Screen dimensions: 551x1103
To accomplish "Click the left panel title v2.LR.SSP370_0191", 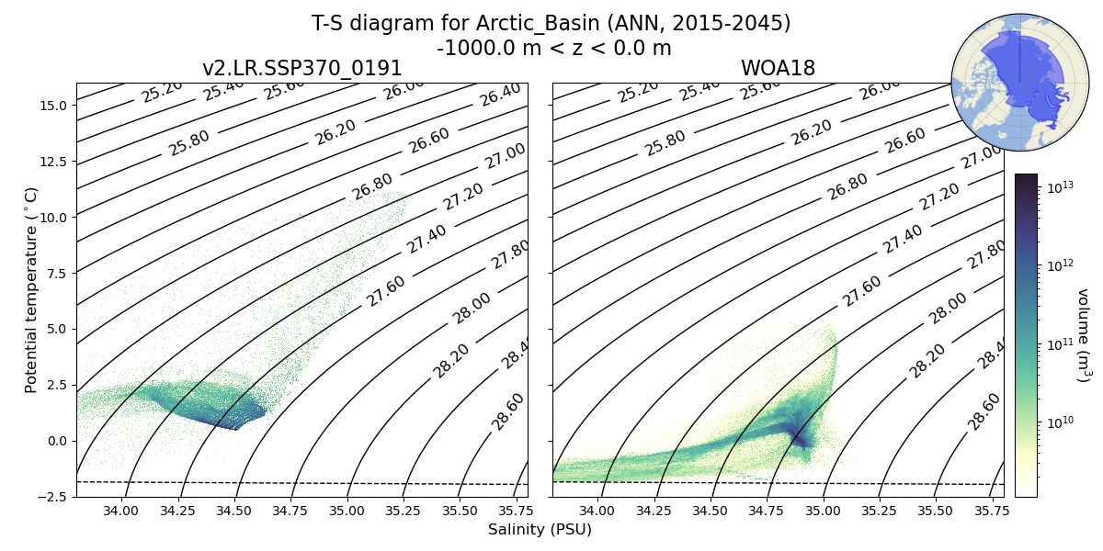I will (301, 69).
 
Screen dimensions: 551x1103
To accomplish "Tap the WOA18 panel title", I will (778, 69).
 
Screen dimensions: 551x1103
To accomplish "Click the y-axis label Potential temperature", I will (32, 289).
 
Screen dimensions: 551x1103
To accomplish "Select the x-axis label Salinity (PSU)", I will (540, 530).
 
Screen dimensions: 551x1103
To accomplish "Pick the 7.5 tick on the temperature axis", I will (54, 274).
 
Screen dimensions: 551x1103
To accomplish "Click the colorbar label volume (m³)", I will (1084, 335).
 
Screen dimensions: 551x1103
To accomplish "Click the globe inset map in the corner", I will (1006, 83).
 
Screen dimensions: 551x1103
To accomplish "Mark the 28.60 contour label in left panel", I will (507, 410).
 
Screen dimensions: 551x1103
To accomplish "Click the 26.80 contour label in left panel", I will (371, 186).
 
